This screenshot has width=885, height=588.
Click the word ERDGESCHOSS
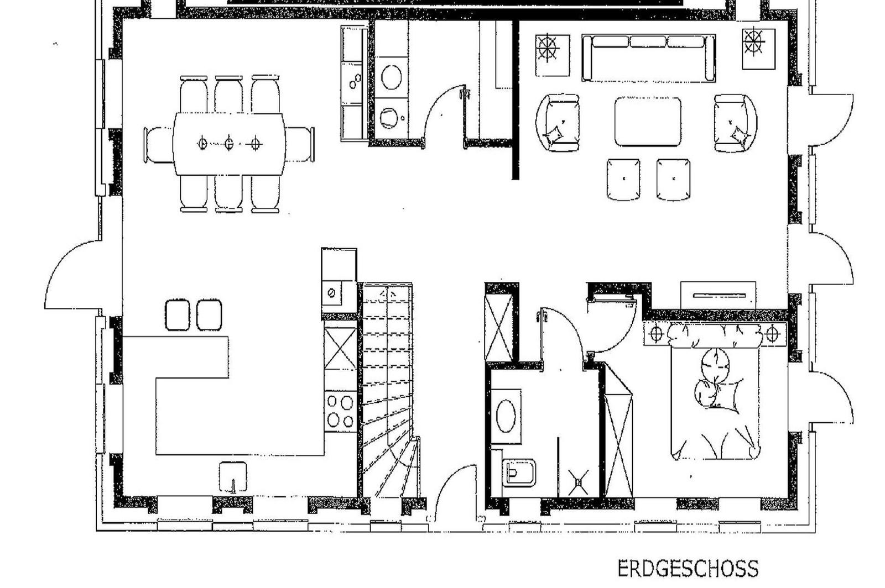(688, 569)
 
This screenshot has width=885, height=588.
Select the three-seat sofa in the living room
(648, 58)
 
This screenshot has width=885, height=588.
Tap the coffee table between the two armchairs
(648, 122)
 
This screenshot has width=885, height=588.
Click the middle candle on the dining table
(229, 143)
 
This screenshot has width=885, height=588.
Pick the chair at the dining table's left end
(159, 144)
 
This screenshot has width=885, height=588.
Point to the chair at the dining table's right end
(299, 144)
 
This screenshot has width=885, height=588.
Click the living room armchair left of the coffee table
(558, 123)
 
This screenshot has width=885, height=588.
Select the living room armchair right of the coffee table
(736, 123)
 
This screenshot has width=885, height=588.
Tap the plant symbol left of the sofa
(553, 55)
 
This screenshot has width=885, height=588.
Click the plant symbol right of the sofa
(758, 49)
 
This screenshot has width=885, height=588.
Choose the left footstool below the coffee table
(623, 180)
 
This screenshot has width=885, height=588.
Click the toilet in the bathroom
(519, 473)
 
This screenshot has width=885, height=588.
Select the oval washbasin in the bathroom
(506, 416)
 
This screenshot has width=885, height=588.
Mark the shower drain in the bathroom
(579, 482)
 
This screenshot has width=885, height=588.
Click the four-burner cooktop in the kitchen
(340, 412)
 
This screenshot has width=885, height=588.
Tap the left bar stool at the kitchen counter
(178, 315)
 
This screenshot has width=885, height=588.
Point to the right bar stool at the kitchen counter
(209, 315)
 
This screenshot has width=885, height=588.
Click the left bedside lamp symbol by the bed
(656, 334)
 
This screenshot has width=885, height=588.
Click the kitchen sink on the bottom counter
(233, 477)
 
